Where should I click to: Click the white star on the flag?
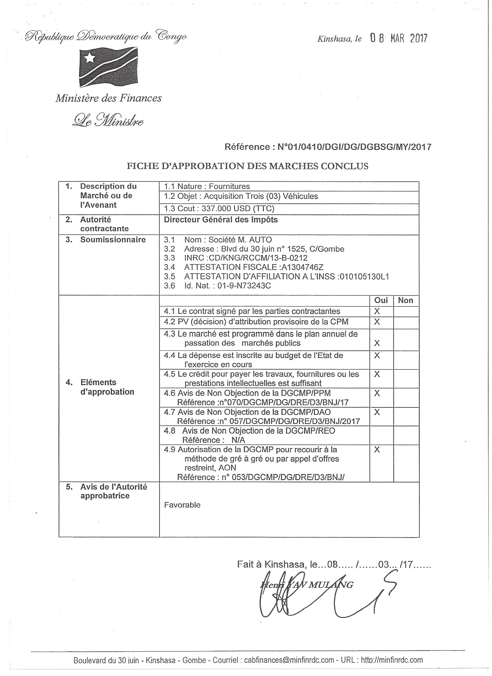tap(89, 58)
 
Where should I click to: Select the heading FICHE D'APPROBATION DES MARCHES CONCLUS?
tap(247, 166)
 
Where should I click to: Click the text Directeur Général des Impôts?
tap(221, 220)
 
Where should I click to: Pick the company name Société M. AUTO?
tap(240, 240)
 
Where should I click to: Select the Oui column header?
tap(381, 300)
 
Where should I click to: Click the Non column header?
tap(405, 300)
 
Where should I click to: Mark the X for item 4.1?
tap(377, 311)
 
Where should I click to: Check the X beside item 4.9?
tap(377, 449)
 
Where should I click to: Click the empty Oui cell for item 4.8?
tap(381, 436)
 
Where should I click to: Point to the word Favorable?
tap(182, 505)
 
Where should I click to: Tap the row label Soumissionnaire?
tap(113, 240)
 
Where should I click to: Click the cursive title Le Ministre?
tap(108, 120)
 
